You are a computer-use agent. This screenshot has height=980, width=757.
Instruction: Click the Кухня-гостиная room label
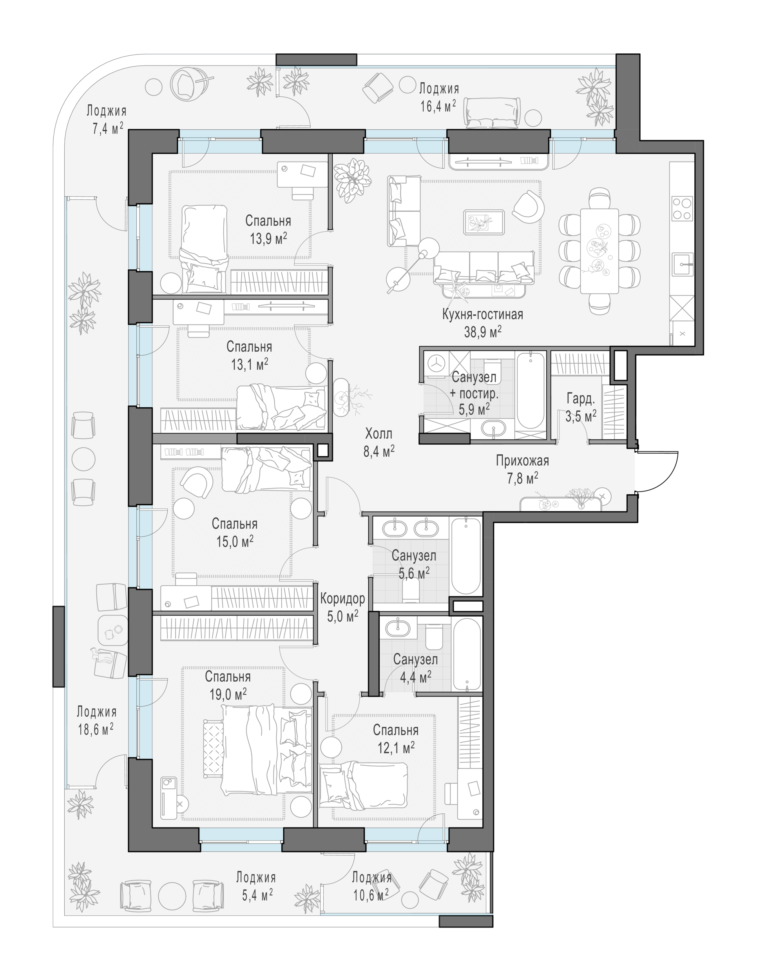[483, 314]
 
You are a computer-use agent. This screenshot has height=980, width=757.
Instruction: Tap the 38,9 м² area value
[483, 332]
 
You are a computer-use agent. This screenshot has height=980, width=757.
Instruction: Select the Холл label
[378, 434]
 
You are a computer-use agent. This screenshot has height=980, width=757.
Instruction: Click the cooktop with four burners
[682, 209]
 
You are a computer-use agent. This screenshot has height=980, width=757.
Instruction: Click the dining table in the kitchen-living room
[599, 251]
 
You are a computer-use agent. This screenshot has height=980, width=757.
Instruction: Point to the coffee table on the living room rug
[484, 222]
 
